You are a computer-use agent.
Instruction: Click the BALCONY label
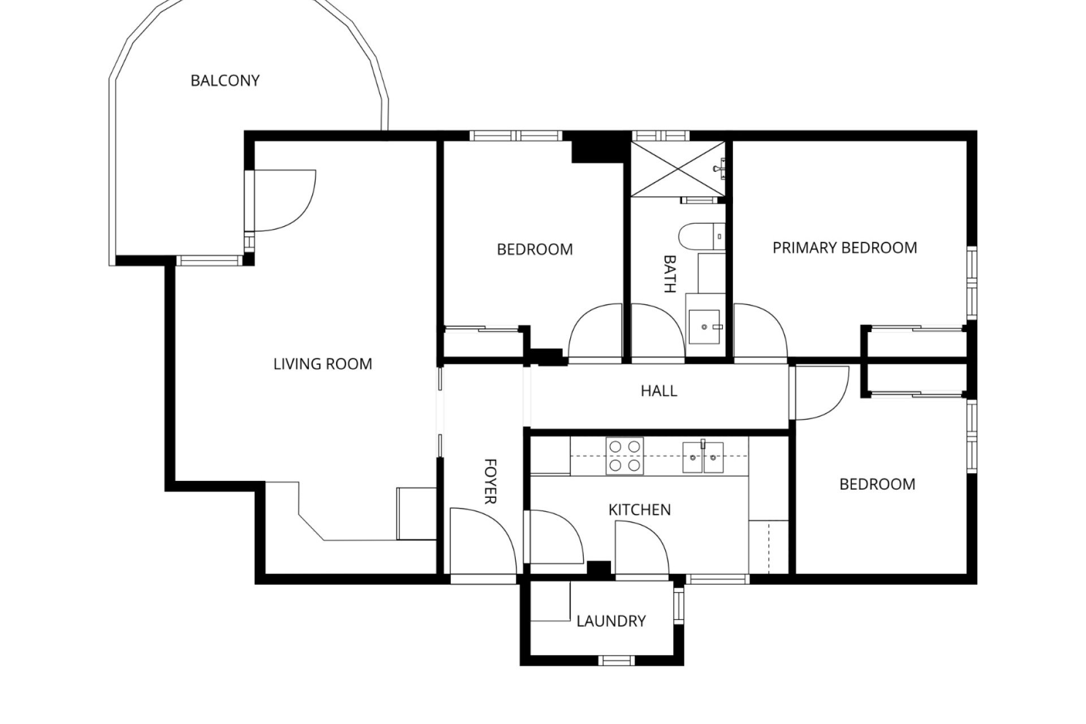[x=225, y=81]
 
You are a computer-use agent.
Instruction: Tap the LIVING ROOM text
[x=322, y=364]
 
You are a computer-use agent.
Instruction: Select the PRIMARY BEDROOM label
[x=844, y=248]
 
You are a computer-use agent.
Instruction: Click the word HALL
[x=658, y=391]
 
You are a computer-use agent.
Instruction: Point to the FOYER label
[x=490, y=481]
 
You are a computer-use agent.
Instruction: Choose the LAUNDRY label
[x=611, y=621]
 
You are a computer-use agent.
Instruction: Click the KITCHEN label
[x=639, y=510]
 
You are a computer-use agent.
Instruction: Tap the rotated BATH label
[x=670, y=274]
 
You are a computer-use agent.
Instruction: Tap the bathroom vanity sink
[x=704, y=326]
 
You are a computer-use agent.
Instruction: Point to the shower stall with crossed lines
[x=678, y=169]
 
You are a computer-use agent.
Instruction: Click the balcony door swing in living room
[x=283, y=201]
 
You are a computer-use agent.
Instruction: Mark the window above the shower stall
[x=660, y=136]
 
